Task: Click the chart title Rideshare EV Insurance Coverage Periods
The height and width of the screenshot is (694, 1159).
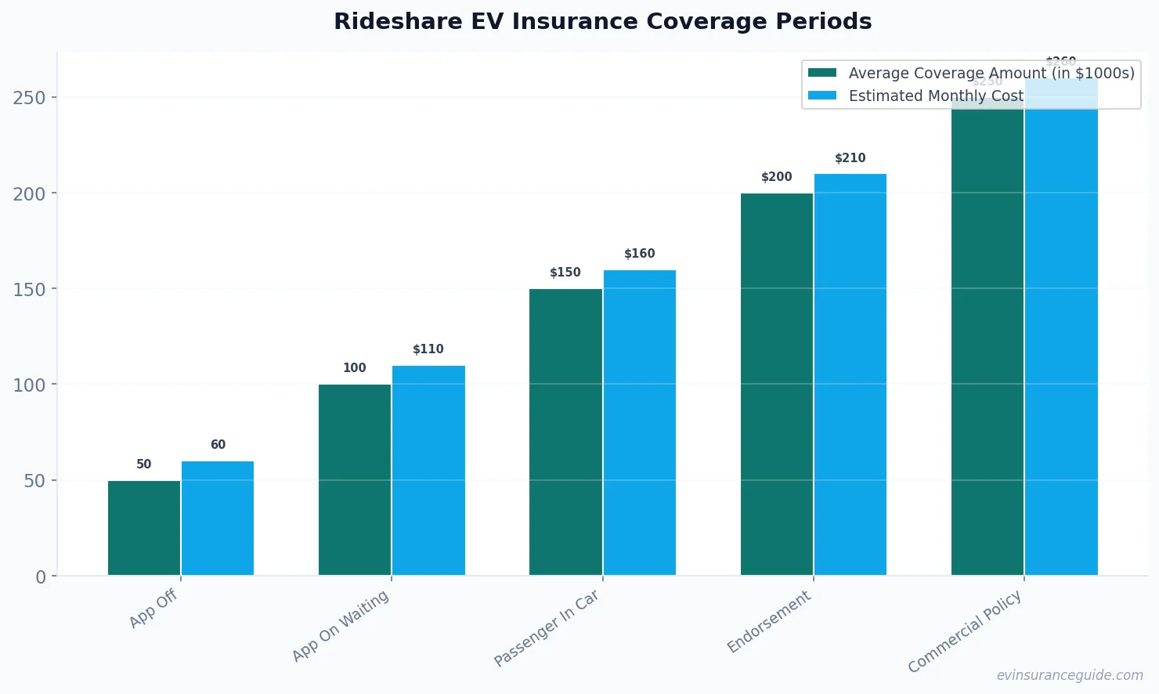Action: (x=602, y=21)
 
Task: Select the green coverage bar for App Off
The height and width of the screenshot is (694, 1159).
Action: (x=144, y=528)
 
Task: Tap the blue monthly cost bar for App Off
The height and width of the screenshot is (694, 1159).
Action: (x=218, y=519)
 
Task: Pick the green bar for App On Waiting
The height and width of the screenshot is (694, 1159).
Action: (x=355, y=479)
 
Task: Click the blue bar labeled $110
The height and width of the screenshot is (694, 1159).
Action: (x=428, y=470)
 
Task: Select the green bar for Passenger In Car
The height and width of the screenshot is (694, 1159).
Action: (x=565, y=432)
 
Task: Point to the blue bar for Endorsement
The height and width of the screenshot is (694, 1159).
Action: (x=850, y=374)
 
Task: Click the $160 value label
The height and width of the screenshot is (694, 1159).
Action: (x=639, y=254)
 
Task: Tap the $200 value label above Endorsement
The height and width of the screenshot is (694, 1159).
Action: (x=776, y=177)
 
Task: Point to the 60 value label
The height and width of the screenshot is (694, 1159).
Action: (x=218, y=445)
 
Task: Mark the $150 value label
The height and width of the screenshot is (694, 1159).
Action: (x=565, y=273)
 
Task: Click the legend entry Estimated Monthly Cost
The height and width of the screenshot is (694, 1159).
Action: (x=936, y=96)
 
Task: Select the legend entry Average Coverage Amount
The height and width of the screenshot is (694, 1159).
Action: (x=991, y=73)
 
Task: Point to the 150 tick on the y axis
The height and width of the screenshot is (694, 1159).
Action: (x=29, y=289)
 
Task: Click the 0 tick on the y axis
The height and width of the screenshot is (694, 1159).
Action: (x=41, y=577)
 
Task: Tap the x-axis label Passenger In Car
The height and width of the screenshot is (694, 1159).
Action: (x=547, y=627)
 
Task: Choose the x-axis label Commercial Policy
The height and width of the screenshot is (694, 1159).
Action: (x=965, y=631)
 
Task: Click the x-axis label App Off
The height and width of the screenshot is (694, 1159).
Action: (x=153, y=609)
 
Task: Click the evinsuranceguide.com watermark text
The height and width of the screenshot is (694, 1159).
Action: (x=1070, y=675)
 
